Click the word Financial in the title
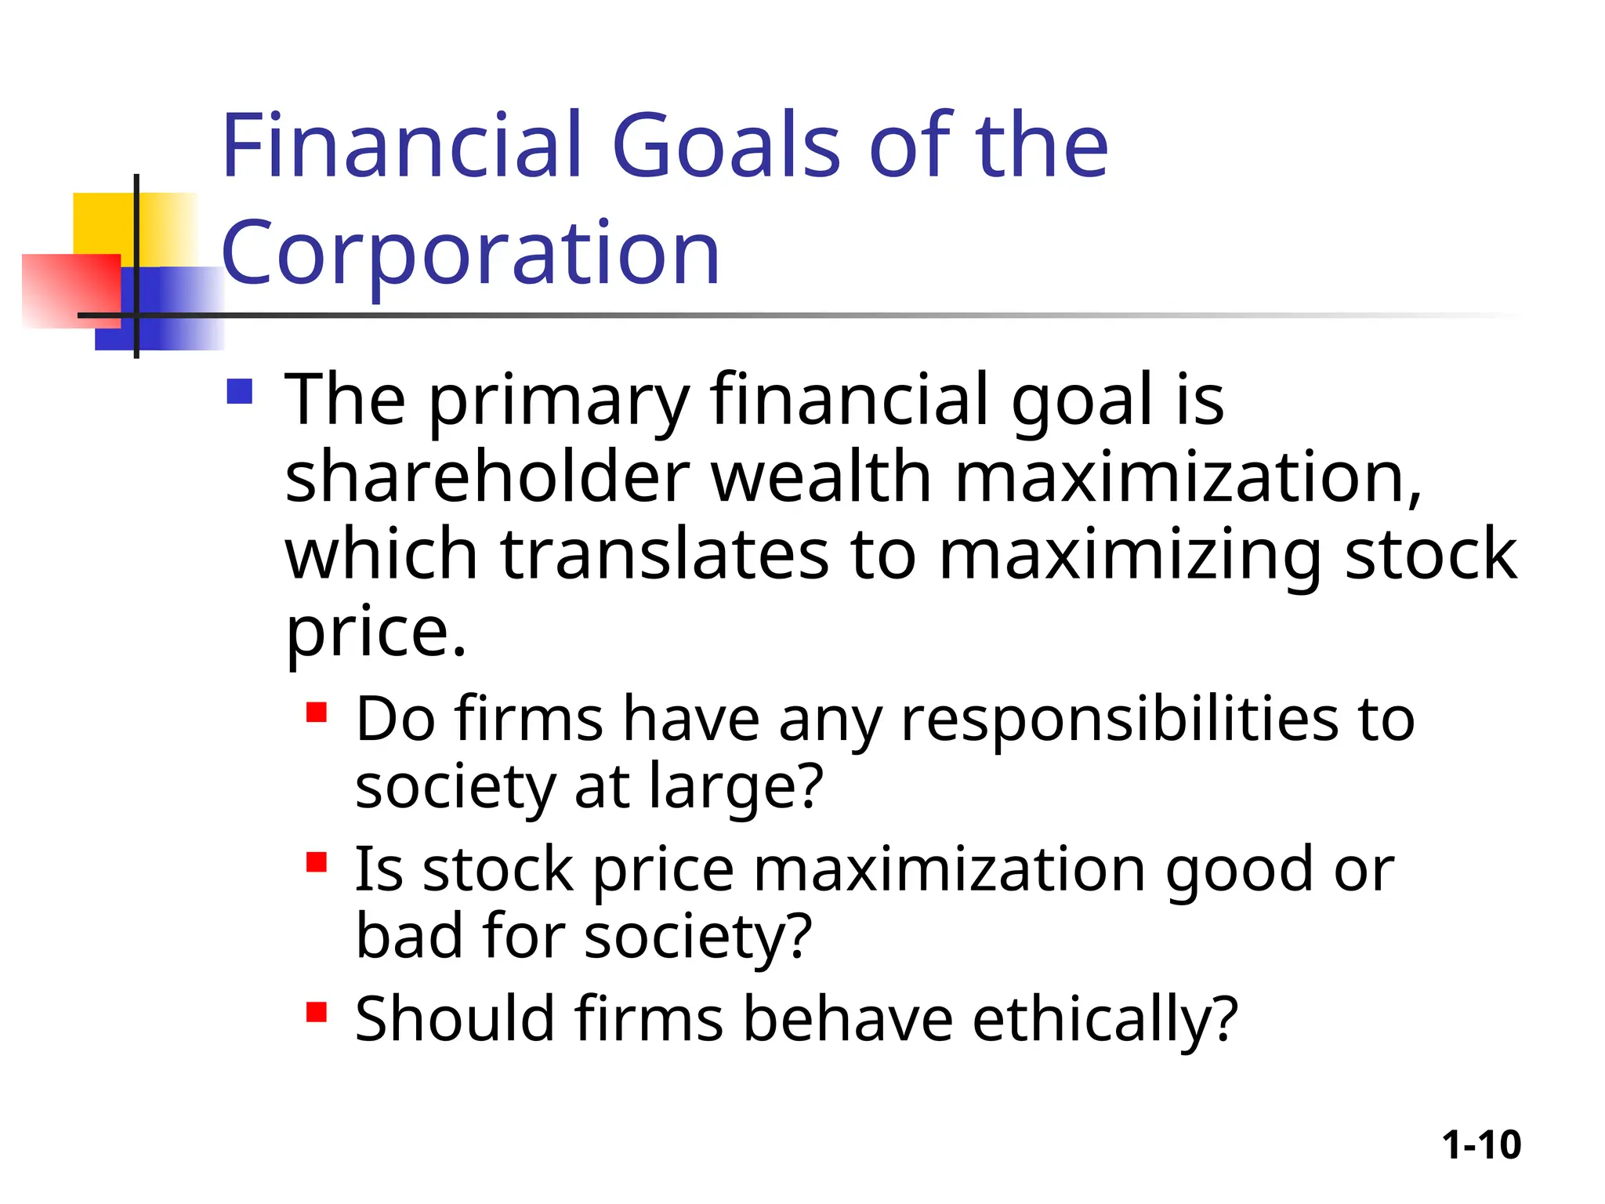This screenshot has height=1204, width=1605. tap(401, 146)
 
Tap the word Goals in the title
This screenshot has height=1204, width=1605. tap(725, 146)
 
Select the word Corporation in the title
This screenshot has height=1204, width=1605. tap(470, 253)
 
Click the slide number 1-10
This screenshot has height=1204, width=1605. tap(1481, 1145)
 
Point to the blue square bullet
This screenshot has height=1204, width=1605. tap(239, 391)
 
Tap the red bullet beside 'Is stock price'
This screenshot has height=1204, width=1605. tap(317, 862)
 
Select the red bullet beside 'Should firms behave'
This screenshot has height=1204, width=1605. tap(317, 1012)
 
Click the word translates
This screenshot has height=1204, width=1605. tap(665, 554)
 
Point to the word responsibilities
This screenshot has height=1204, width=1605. tap(1119, 720)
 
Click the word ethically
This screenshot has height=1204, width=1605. tap(1105, 1020)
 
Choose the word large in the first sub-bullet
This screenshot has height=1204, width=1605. tap(736, 787)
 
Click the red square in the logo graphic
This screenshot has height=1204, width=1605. tap(71, 290)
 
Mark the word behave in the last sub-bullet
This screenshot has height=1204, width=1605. tap(848, 1019)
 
